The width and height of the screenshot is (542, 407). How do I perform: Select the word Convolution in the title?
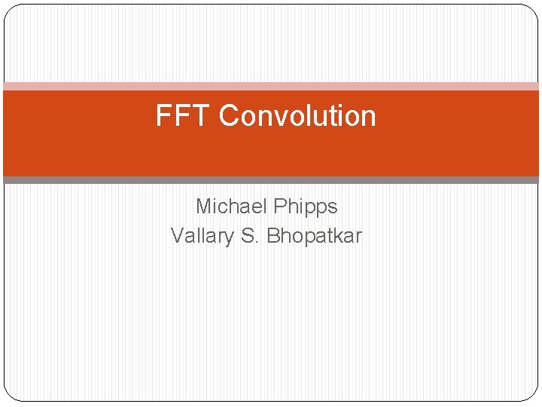(x=297, y=116)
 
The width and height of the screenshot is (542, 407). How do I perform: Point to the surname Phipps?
(x=306, y=207)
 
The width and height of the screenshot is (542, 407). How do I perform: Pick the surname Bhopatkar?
(x=315, y=236)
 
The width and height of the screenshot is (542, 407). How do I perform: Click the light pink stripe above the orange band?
(x=271, y=86)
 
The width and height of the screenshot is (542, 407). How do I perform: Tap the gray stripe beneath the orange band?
(x=271, y=180)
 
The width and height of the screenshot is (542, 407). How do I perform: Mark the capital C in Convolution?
(x=229, y=116)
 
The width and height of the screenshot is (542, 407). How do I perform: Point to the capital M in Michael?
(x=204, y=207)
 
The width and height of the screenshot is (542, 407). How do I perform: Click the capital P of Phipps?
(x=281, y=207)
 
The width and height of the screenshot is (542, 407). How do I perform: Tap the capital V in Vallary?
(x=178, y=236)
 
